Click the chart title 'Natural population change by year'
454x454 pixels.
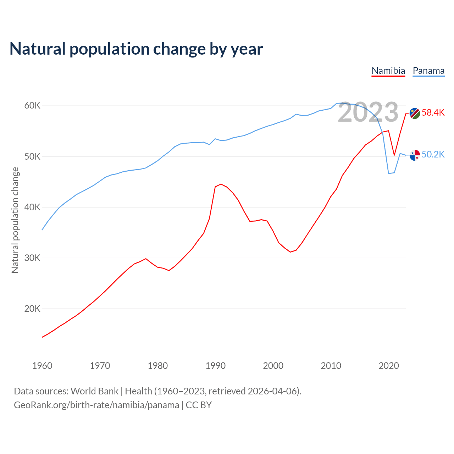136,49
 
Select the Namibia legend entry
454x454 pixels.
388,71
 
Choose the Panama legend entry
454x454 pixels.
428,71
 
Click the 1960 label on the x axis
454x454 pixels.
42,366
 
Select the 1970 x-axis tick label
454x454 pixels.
100,366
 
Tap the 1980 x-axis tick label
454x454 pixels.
158,366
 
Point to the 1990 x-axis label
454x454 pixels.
216,366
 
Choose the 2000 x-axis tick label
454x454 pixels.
273,366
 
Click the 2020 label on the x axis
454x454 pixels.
389,366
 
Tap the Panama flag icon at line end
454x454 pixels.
415,155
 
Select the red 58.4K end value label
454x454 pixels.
433,113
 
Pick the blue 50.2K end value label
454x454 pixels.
433,154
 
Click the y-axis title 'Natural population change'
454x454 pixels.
15,220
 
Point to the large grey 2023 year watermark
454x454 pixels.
368,112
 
